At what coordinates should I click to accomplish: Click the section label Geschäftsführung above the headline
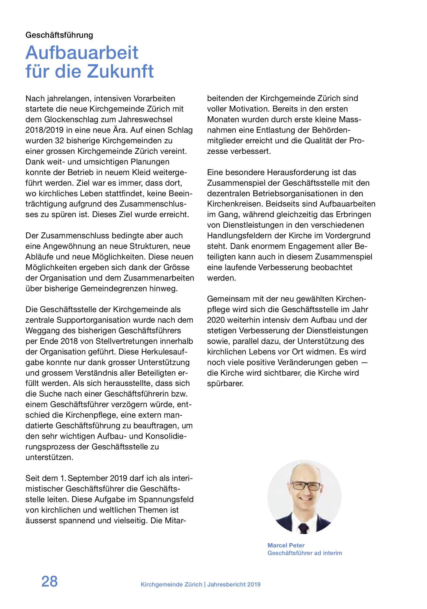pyautogui.click(x=59, y=35)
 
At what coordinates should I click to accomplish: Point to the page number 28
pyautogui.click(x=49, y=581)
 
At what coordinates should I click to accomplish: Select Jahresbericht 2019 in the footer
pyautogui.click(x=234, y=584)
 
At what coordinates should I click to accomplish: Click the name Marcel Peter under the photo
pyautogui.click(x=286, y=545)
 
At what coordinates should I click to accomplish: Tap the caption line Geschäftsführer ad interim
pyautogui.click(x=304, y=553)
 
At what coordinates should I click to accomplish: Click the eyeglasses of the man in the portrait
pyautogui.click(x=305, y=486)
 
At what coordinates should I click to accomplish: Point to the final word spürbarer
pyautogui.click(x=225, y=383)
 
